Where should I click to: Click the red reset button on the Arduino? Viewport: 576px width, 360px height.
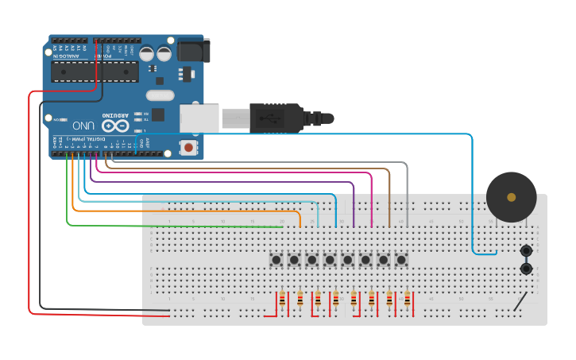coord(188,147)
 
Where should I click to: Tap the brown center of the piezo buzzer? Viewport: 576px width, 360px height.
coord(511,197)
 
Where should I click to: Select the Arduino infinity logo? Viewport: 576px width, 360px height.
coord(114,126)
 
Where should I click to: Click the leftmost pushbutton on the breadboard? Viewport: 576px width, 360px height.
coord(276,260)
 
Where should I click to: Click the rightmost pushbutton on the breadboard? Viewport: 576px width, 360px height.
coord(401,260)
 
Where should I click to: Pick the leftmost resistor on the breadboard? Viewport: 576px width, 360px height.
coord(282,300)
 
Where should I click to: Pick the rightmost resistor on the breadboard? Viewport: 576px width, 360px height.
coord(407,300)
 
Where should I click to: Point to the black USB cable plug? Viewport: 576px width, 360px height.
coord(274,117)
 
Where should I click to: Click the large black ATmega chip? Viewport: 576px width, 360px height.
coord(95,71)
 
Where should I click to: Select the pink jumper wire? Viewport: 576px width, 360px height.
coord(238,172)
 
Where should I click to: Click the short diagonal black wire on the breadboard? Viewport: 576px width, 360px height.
coord(520,301)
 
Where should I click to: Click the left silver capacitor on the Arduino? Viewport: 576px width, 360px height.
coord(148,53)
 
